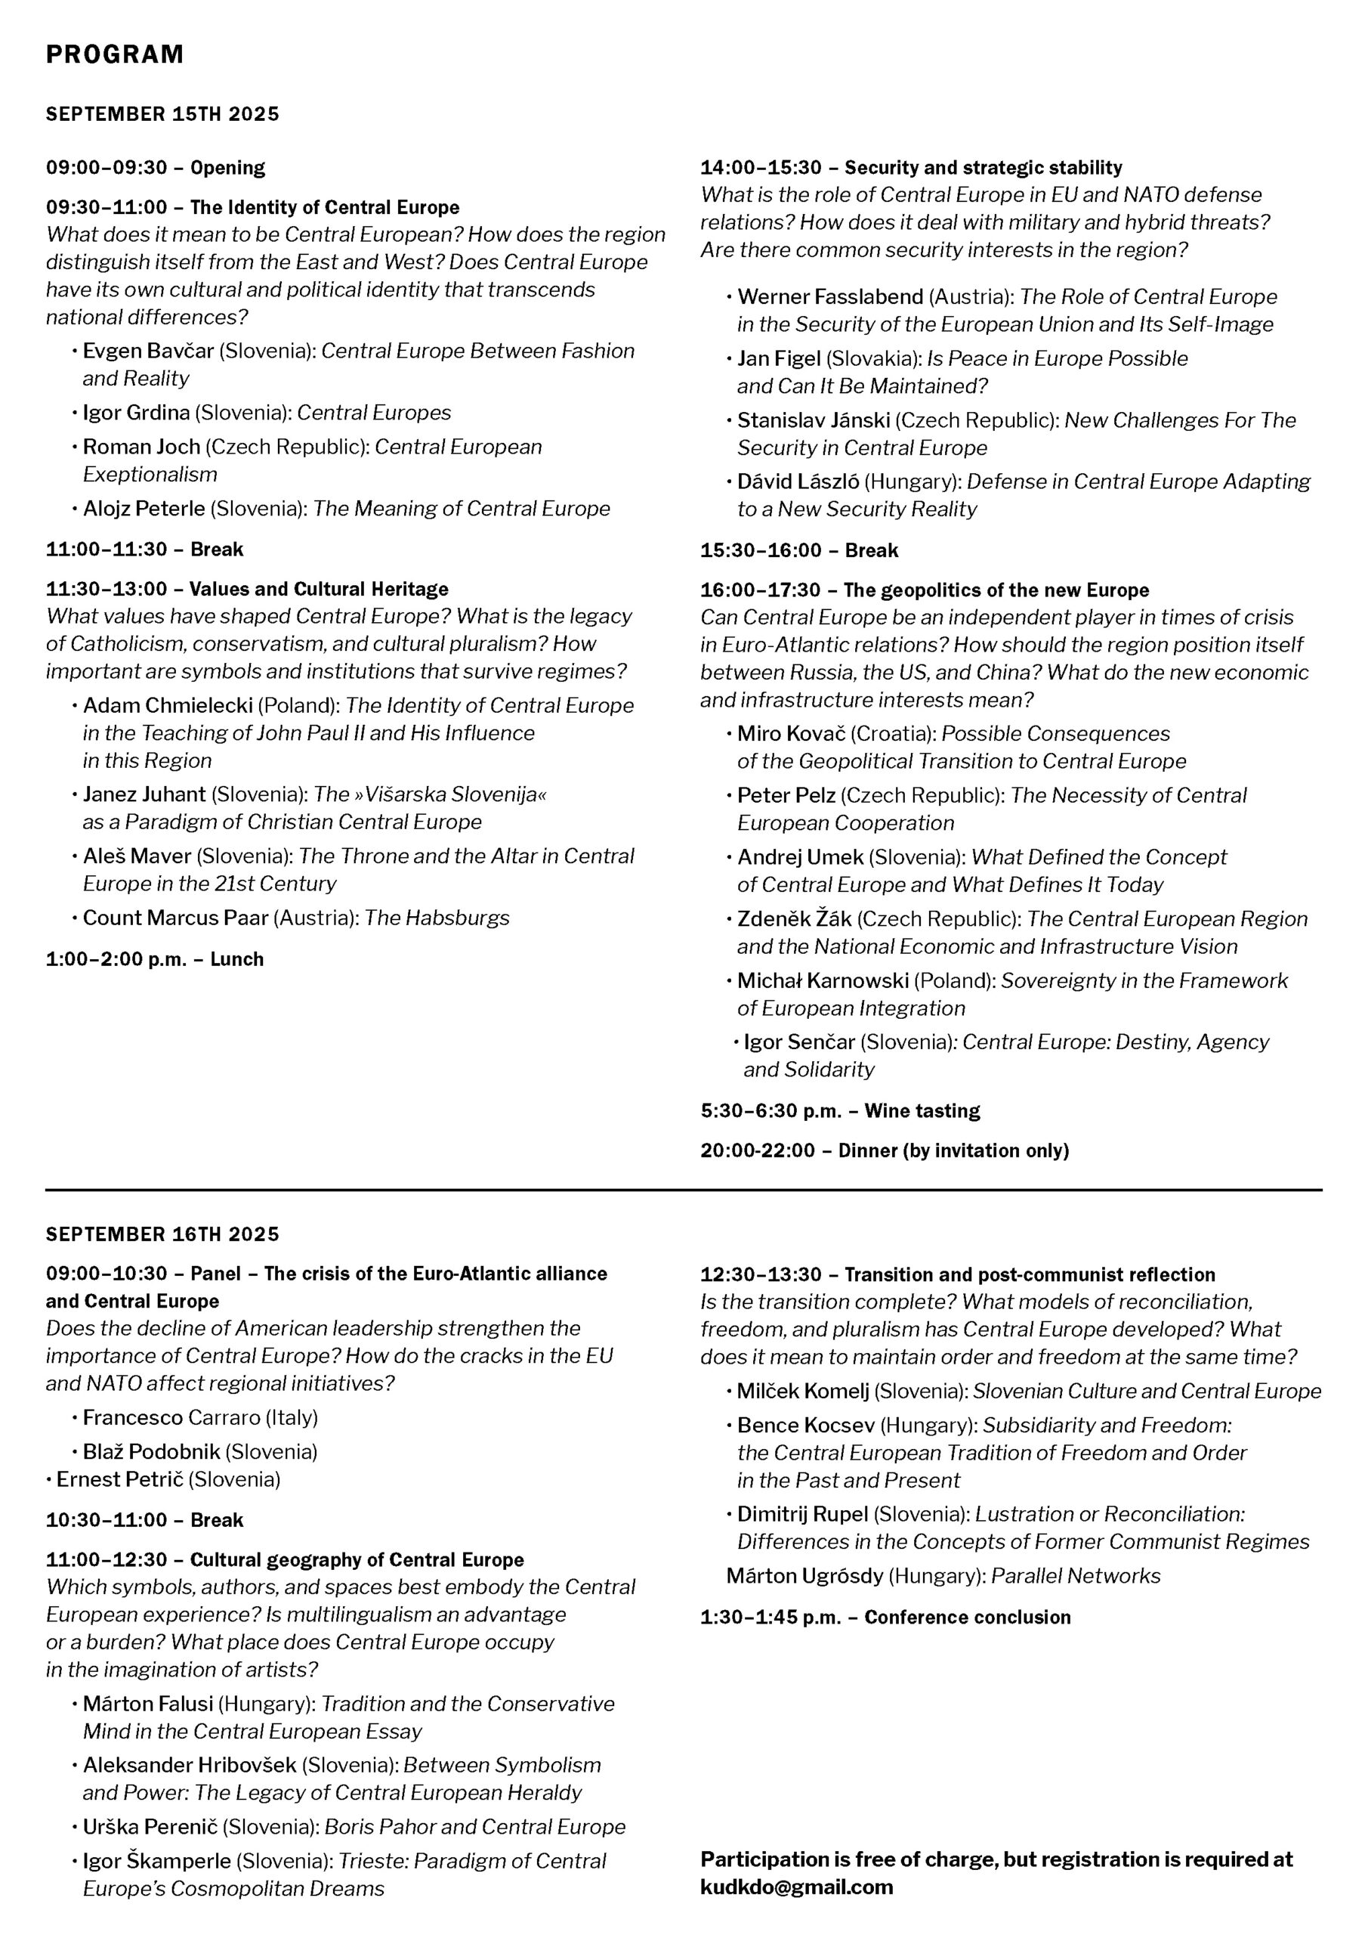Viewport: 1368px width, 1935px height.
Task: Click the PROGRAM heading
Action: click(x=115, y=54)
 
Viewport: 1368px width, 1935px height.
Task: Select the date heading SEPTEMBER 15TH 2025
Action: click(x=162, y=114)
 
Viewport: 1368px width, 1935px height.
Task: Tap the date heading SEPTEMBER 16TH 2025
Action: click(x=162, y=1234)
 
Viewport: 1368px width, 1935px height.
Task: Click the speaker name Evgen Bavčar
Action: click(x=148, y=351)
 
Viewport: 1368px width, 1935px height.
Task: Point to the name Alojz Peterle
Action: click(x=144, y=508)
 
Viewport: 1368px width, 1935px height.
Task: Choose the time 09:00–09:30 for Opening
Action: click(x=107, y=168)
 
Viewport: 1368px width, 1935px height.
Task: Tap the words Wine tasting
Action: click(x=922, y=1111)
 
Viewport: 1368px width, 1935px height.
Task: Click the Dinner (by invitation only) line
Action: click(x=953, y=1150)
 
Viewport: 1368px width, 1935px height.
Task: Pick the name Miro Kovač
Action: click(x=791, y=733)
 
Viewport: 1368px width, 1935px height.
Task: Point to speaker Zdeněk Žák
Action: click(x=795, y=918)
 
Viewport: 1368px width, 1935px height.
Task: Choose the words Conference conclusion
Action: click(x=967, y=1618)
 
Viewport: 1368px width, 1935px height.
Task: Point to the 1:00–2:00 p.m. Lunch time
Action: click(x=116, y=959)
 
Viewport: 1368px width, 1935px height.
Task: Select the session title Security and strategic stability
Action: click(x=983, y=168)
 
